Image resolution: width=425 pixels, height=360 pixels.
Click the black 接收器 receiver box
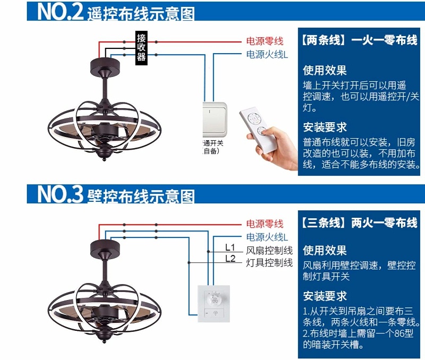coord(141,47)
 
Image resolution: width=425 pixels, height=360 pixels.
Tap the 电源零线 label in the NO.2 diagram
coord(264,41)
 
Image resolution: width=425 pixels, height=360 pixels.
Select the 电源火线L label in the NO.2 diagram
coord(267,55)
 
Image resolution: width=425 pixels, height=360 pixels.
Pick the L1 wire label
coord(230,247)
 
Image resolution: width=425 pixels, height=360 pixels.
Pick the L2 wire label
coord(230,259)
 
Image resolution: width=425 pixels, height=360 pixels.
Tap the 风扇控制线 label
coord(269,251)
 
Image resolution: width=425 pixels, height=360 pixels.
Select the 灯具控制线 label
coord(269,263)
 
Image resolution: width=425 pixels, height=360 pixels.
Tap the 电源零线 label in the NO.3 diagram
coord(264,224)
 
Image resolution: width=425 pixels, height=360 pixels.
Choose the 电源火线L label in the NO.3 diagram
coord(267,237)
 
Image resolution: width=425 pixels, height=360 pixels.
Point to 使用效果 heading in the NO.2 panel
coord(325,70)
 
